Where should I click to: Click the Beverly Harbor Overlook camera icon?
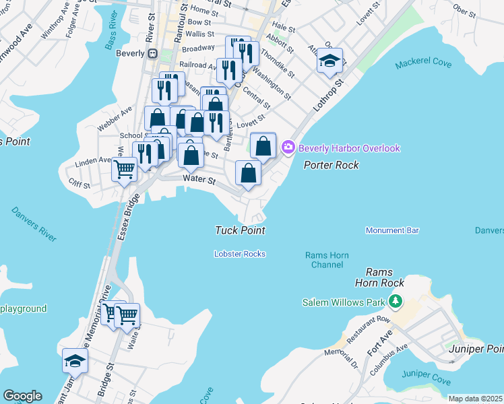tap(288, 147)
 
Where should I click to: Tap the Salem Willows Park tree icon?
tap(398, 301)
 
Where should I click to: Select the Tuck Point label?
tap(240, 230)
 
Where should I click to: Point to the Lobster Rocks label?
tap(240, 254)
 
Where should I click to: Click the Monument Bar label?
tap(392, 230)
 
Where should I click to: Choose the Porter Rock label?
tap(331, 165)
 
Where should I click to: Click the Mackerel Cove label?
tap(424, 64)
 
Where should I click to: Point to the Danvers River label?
tap(34, 224)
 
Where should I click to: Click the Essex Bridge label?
tap(127, 217)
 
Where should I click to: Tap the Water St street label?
tap(199, 180)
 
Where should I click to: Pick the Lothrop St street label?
tap(328, 97)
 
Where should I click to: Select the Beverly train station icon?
tap(153, 53)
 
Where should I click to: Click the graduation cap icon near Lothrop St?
tap(329, 61)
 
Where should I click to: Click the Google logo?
tap(22, 396)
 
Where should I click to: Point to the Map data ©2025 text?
tap(475, 399)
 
